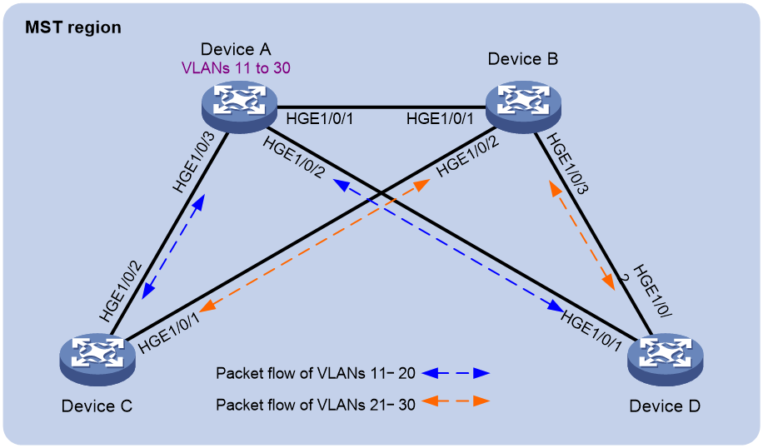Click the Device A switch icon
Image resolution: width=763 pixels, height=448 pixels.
239,106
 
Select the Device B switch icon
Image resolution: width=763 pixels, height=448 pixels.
523,106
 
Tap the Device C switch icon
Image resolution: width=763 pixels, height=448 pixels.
97,359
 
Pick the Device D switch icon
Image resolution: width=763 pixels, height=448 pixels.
666,359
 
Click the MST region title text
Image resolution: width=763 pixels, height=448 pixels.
73,27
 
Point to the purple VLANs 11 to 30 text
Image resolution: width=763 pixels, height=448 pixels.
236,67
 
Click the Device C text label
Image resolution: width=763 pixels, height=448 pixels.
97,406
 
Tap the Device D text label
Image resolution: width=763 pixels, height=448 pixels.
665,406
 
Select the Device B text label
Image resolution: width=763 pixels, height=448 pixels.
522,59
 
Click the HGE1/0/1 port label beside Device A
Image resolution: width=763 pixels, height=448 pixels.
319,118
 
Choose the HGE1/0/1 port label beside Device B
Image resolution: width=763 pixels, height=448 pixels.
440,118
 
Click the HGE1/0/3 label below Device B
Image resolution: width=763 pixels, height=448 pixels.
567,163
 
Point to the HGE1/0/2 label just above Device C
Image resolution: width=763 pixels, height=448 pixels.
121,291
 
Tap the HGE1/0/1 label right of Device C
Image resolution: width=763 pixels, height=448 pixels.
169,333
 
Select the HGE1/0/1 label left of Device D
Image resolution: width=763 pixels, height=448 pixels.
591,331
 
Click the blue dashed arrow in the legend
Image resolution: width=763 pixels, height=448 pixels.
456,374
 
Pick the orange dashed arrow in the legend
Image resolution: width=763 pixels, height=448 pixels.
456,401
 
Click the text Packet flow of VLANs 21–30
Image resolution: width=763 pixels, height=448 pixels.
316,404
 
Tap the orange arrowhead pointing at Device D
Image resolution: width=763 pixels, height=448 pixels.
609,282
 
